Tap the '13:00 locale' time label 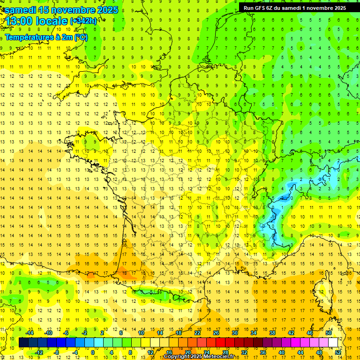[x=37, y=21]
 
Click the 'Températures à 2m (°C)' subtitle [x=46, y=37]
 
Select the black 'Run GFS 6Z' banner [x=295, y=7]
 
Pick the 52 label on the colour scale [x=338, y=352]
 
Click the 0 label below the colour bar [x=93, y=352]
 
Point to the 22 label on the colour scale [x=197, y=333]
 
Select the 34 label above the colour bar [x=254, y=333]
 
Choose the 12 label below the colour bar [x=150, y=352]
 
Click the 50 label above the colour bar [x=329, y=333]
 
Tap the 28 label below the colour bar [x=225, y=352]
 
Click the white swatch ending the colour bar [x=333, y=343]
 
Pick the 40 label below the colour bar [x=282, y=352]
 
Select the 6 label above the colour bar [x=121, y=333]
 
